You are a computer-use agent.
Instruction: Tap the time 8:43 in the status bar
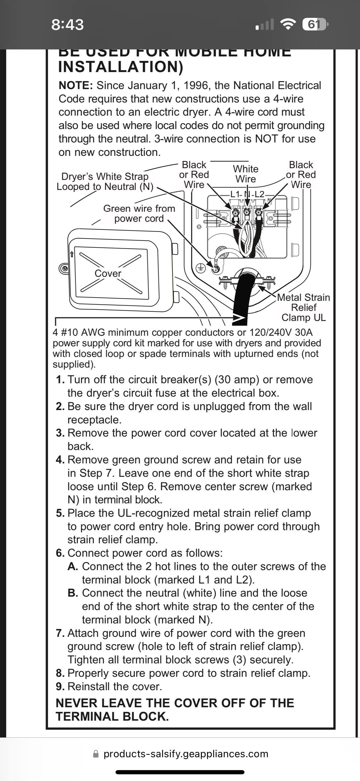point(67,25)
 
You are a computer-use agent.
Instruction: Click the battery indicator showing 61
point(315,24)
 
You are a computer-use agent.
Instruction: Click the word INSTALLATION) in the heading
point(121,67)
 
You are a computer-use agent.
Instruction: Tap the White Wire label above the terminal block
point(246,174)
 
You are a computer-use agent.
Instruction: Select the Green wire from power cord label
point(139,213)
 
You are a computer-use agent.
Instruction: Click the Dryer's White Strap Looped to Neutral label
point(105,181)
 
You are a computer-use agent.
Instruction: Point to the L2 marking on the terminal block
point(259,194)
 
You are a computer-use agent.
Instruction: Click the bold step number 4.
point(60,460)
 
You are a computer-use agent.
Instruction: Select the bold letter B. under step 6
point(73,593)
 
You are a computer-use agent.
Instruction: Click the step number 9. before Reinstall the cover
point(60,686)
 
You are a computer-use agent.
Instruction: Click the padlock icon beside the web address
point(96,754)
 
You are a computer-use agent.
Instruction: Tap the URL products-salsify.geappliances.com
point(186,754)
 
